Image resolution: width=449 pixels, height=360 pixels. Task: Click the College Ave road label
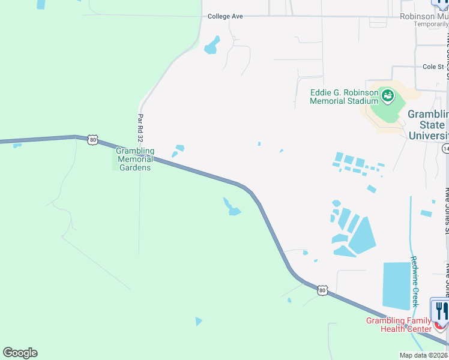pos(225,16)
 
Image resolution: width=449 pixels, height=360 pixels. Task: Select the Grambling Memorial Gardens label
pos(136,159)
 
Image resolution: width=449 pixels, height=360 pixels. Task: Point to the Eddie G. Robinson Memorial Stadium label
pos(343,97)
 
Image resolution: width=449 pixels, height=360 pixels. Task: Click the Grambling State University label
pos(428,125)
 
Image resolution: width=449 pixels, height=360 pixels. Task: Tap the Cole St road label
pos(433,67)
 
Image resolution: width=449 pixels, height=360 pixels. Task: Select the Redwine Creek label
pos(414,281)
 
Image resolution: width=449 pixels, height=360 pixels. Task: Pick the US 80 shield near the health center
pos(323,290)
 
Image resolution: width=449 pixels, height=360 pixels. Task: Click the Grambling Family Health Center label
pos(399,325)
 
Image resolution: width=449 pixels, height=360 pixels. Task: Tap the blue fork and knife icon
pos(440,310)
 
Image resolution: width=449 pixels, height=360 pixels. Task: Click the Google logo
pos(20,353)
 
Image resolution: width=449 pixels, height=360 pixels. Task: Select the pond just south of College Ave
pos(211,46)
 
